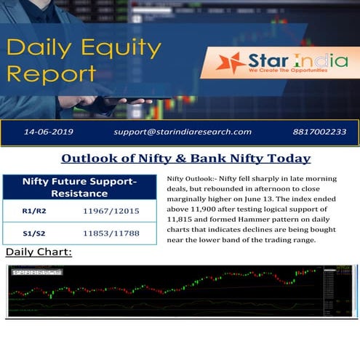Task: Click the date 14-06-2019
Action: point(49,132)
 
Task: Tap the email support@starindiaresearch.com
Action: point(183,132)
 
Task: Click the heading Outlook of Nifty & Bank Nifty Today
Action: point(185,159)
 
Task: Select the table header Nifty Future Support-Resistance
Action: point(79,187)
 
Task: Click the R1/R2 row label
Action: point(31,211)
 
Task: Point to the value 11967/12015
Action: point(111,211)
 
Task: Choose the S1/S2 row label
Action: point(30,233)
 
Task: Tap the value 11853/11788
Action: point(111,233)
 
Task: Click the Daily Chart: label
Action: point(39,252)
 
